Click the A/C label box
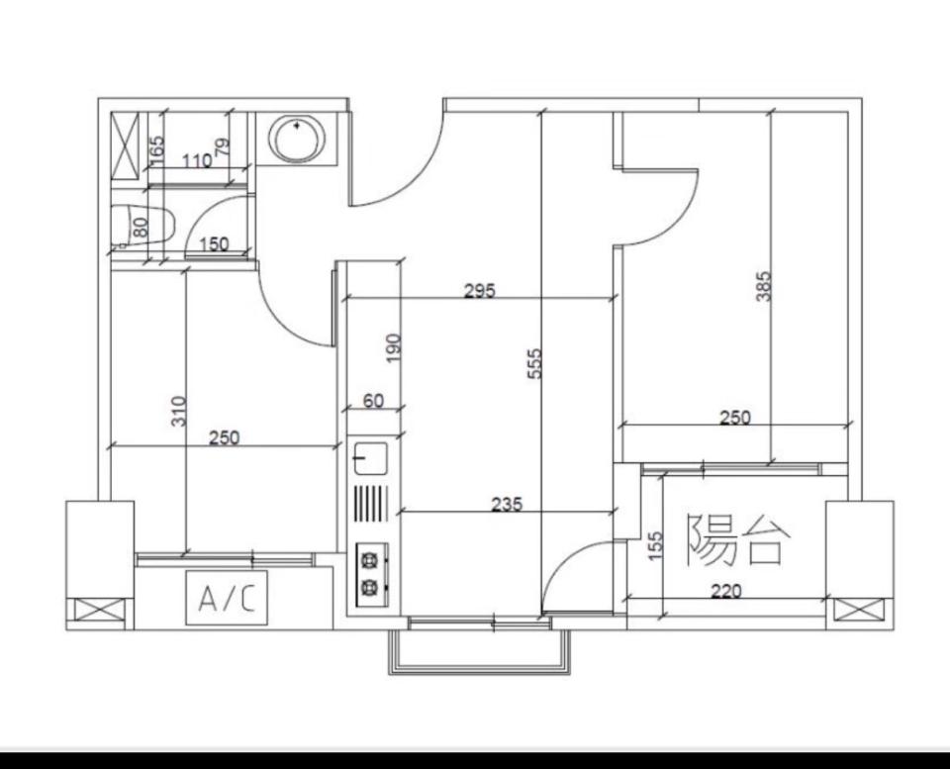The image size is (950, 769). [x=227, y=599]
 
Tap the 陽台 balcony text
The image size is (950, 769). [x=739, y=539]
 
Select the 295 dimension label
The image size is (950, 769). [x=479, y=290]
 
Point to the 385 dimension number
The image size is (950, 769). [x=762, y=287]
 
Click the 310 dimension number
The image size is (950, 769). [x=178, y=411]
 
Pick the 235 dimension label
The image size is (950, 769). [x=507, y=504]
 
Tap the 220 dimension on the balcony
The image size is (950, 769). [x=724, y=591]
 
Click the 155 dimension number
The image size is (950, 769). [x=654, y=546]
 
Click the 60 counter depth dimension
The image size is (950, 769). [x=373, y=401]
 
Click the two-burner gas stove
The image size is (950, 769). [x=370, y=573]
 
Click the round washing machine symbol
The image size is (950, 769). [x=296, y=139]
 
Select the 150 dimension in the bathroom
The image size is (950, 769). [x=214, y=243]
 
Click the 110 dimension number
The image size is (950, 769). [x=197, y=159]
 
